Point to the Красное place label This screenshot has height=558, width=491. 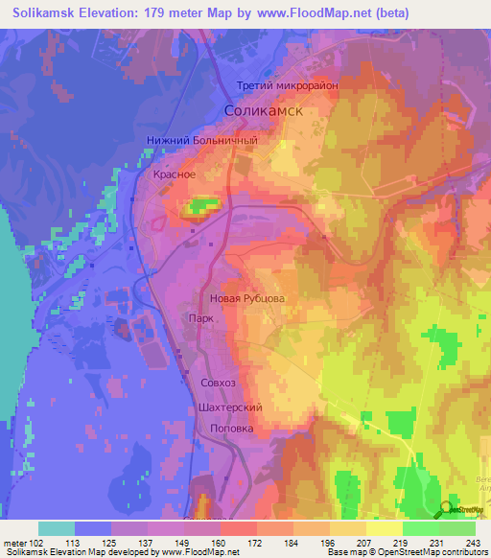(175, 174)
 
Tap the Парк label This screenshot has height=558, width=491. (199, 318)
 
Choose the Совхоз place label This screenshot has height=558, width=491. (218, 383)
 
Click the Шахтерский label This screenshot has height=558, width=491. (231, 407)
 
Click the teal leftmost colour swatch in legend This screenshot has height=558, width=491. (56, 528)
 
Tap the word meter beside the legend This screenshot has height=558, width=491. (17, 542)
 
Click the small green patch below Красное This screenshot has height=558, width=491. (200, 205)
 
